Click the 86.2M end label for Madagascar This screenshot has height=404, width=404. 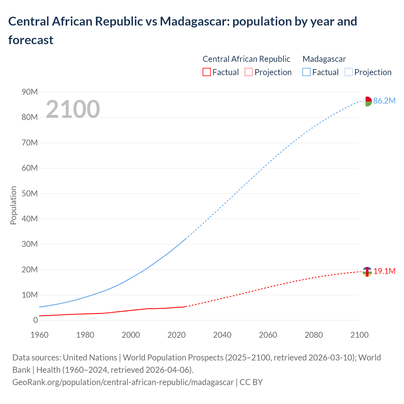pos(384,101)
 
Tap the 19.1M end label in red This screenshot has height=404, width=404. pos(384,271)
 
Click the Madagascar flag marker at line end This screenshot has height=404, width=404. pos(367,101)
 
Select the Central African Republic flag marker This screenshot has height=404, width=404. pos(367,271)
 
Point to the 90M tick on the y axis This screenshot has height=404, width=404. pos(30,92)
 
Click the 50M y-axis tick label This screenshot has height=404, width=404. pos(30,193)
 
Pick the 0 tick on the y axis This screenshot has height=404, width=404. pos(35,320)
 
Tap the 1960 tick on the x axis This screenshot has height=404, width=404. pos(39,335)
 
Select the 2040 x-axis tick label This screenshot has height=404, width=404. pos(222,335)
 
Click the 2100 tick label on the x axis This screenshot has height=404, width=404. pos(359,335)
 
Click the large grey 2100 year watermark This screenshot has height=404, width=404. pos(73,109)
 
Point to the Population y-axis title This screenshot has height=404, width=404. pos(13,205)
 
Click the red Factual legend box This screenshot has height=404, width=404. pos(206,72)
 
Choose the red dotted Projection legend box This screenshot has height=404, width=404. pos(249,72)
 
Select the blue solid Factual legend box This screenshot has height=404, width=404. pos(306,72)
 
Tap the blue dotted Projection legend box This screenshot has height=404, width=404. pos(348,72)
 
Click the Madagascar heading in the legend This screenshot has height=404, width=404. pos(324,59)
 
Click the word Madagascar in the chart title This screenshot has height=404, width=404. pos(194,21)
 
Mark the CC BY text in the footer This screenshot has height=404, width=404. pos(251,382)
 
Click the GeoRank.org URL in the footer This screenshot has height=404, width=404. pos(123,382)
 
